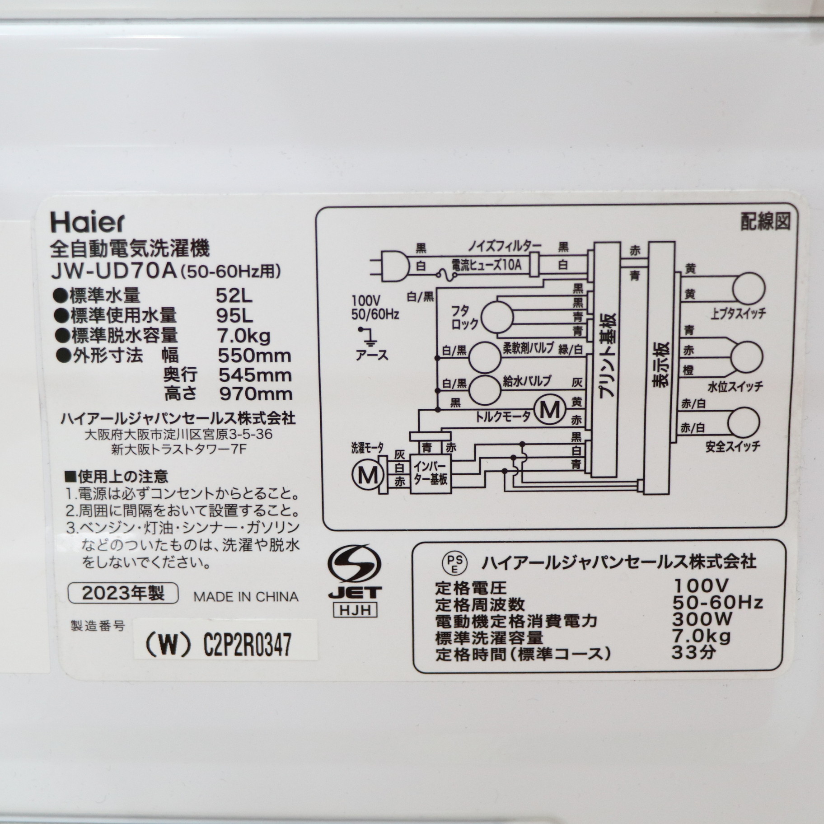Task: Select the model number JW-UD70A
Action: (x=115, y=272)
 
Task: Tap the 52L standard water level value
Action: (x=234, y=296)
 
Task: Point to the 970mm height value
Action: (x=256, y=394)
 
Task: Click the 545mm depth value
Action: (x=255, y=375)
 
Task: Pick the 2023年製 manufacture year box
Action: (x=123, y=593)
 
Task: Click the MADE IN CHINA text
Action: (x=246, y=597)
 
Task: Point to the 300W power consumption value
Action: (x=702, y=618)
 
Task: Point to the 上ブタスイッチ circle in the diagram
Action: (x=749, y=288)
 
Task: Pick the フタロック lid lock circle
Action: (x=497, y=317)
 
